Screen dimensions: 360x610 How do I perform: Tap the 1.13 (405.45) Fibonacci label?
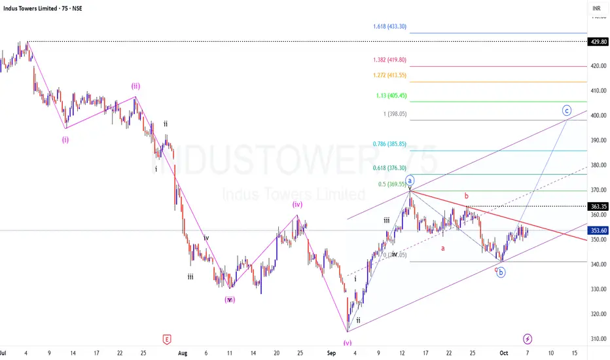pos(391,96)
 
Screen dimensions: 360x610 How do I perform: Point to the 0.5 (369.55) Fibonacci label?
pos(389,185)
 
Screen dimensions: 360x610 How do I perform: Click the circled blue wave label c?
pos(567,111)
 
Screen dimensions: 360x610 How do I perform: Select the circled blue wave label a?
pos(410,179)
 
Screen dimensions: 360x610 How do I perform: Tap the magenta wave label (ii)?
pos(135,86)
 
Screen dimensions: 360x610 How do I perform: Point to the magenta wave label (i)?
pos(65,139)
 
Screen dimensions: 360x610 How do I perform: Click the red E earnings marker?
pos(166,339)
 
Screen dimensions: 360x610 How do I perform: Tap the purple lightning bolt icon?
pos(528,339)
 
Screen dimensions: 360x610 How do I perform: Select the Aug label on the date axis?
pos(183,353)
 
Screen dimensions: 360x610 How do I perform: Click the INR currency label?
pos(596,9)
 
